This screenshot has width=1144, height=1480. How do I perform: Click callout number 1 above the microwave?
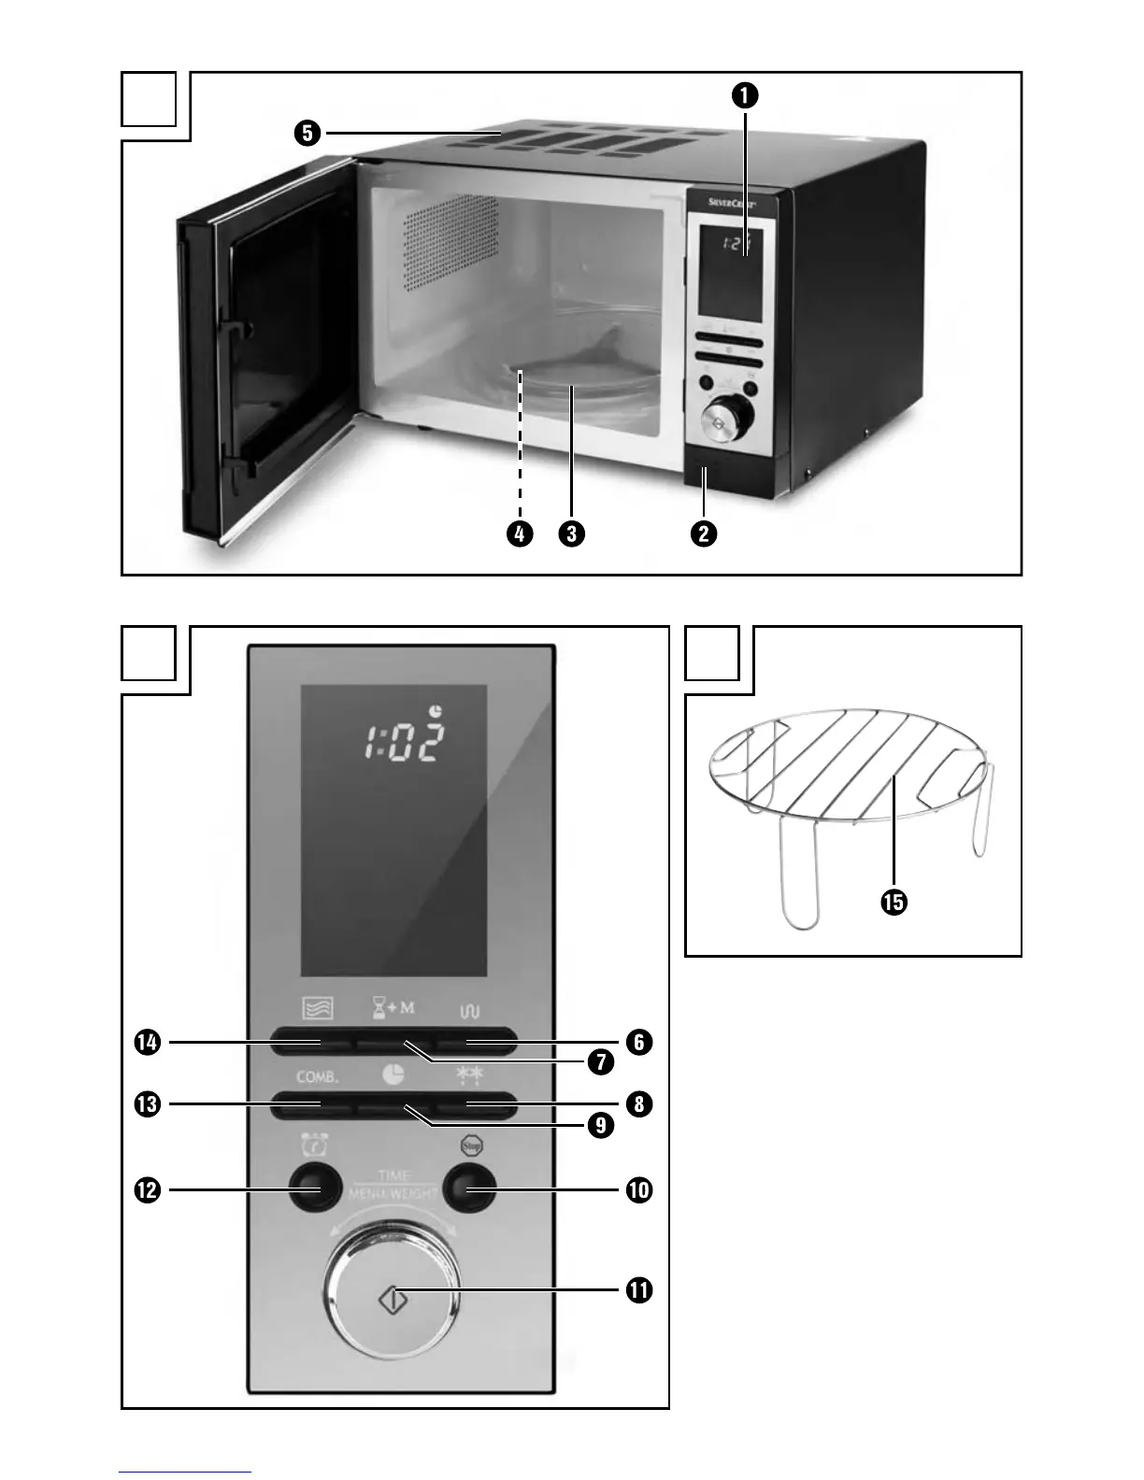click(745, 95)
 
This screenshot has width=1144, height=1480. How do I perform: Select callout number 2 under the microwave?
click(704, 534)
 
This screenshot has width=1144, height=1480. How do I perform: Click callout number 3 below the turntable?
click(571, 534)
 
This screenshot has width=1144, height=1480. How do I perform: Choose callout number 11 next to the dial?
click(639, 1290)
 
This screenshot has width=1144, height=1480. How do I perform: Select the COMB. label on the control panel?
click(318, 1076)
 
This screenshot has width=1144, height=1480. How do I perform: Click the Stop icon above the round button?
click(469, 1146)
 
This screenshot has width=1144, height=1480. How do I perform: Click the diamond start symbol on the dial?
click(393, 1299)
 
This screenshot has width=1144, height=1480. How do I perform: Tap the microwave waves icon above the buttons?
click(318, 1009)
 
